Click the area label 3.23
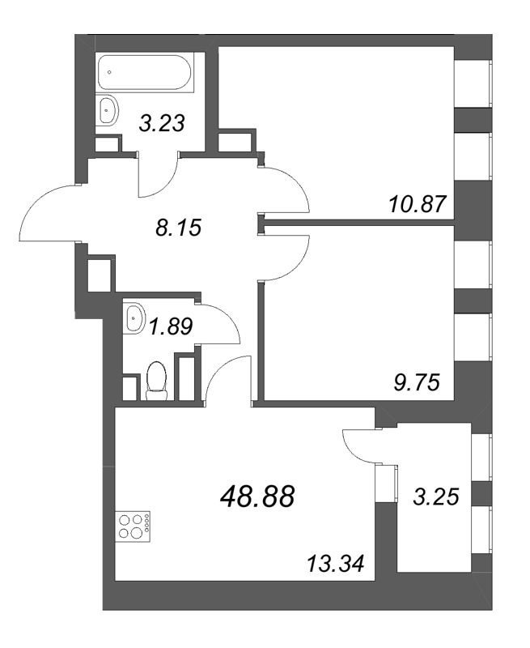[163, 123]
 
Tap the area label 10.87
[416, 204]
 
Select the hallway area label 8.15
[176, 228]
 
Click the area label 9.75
[417, 382]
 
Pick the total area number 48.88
[257, 494]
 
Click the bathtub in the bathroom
[145, 75]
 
